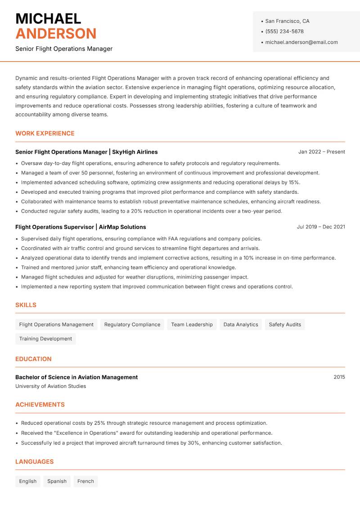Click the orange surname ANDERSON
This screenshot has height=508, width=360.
[x=56, y=34]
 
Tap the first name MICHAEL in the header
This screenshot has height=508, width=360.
[x=48, y=18]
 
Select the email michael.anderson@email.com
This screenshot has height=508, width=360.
[x=301, y=42]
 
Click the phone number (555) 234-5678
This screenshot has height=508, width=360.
[x=284, y=31]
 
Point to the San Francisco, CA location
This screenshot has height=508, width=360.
[x=287, y=21]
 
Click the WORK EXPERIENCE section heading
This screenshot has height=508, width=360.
[x=45, y=134]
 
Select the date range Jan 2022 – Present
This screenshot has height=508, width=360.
[x=321, y=152]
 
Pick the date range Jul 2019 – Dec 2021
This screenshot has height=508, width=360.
[x=320, y=227]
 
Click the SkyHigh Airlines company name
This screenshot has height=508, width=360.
[x=135, y=152]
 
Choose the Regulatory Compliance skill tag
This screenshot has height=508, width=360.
[x=132, y=325]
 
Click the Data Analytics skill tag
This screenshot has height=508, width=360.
[x=240, y=325]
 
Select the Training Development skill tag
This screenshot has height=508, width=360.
[x=45, y=339]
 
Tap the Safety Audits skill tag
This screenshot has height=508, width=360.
[x=284, y=325]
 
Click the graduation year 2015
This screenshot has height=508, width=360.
[x=339, y=377]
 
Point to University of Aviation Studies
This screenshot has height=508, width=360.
[x=50, y=386]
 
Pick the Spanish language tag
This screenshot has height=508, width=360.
[x=57, y=481]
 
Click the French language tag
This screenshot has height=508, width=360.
[x=85, y=481]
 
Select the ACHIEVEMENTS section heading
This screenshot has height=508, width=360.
[x=40, y=405]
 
